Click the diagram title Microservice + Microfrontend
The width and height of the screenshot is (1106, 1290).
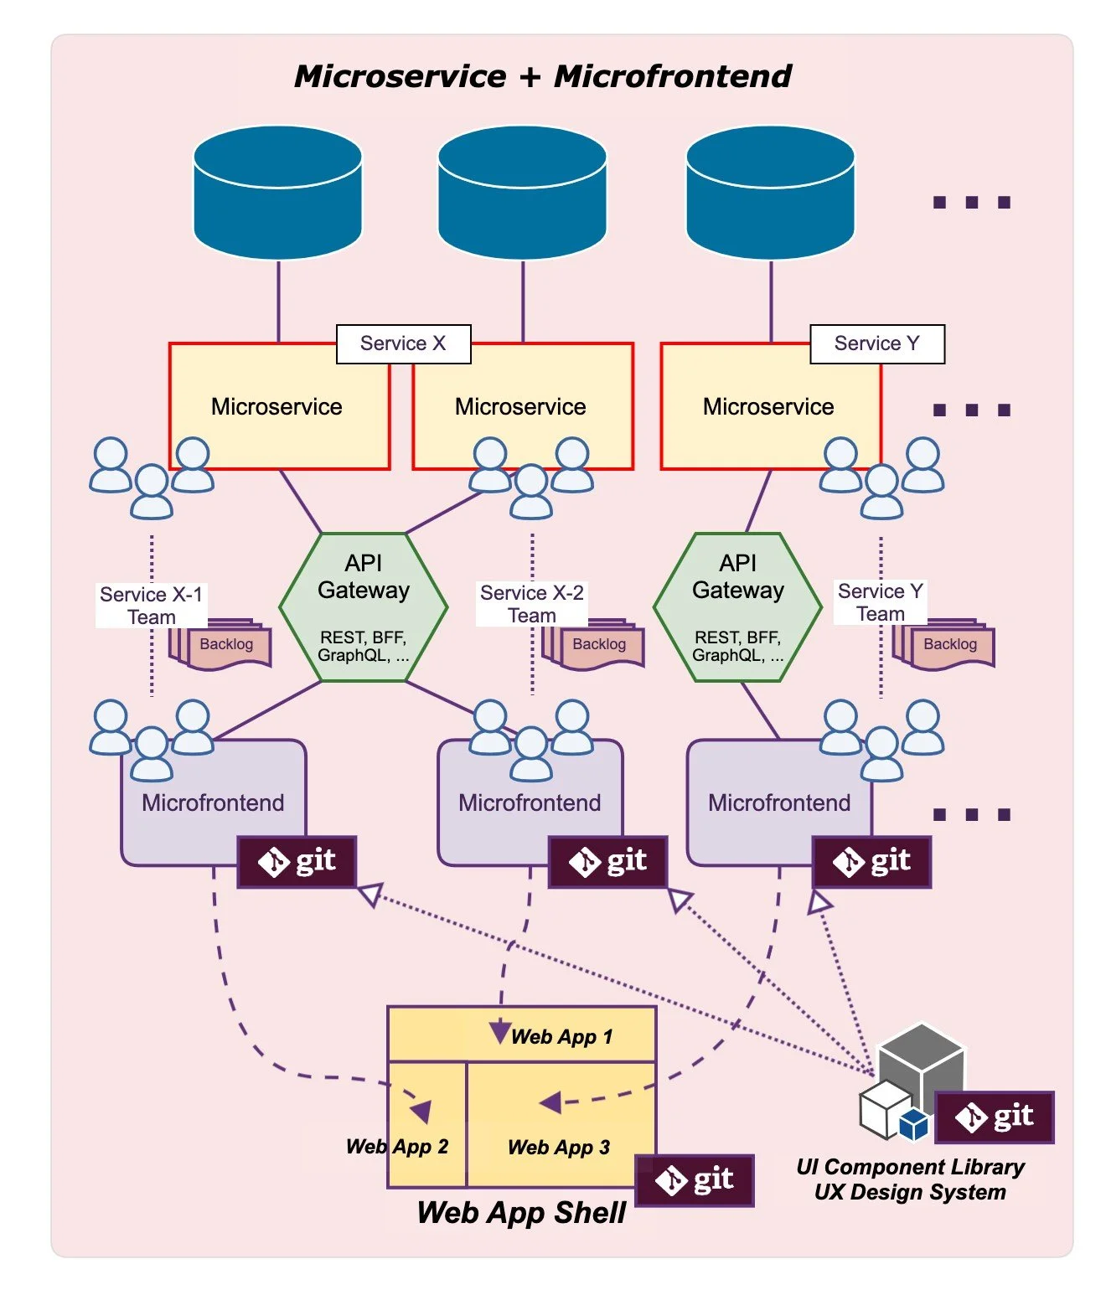click(x=542, y=76)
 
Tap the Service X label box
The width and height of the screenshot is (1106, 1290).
click(x=403, y=343)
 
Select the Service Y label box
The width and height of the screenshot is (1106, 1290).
click(x=877, y=343)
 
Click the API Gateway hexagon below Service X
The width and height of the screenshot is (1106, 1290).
click(x=364, y=606)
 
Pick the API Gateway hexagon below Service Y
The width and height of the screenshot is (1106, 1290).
click(x=737, y=606)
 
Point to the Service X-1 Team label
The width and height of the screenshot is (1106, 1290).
click(x=151, y=605)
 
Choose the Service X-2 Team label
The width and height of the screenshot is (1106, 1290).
click(x=532, y=603)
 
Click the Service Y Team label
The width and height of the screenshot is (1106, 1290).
click(x=880, y=601)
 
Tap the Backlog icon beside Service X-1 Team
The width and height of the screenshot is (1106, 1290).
click(x=220, y=644)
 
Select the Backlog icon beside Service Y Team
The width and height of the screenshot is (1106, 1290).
click(x=943, y=644)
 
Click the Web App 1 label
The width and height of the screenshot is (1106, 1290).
click(x=561, y=1037)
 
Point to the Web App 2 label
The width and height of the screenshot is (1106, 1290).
click(x=397, y=1147)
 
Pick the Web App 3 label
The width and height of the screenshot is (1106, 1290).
click(x=559, y=1147)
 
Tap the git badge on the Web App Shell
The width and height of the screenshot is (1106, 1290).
click(x=694, y=1180)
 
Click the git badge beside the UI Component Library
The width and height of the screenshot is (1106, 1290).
click(x=995, y=1117)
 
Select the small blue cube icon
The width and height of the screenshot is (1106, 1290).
click(x=914, y=1124)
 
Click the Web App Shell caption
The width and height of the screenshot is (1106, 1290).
click(x=520, y=1213)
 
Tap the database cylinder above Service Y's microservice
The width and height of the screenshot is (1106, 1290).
click(x=770, y=192)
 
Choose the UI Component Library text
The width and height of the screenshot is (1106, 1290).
click(x=910, y=1166)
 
